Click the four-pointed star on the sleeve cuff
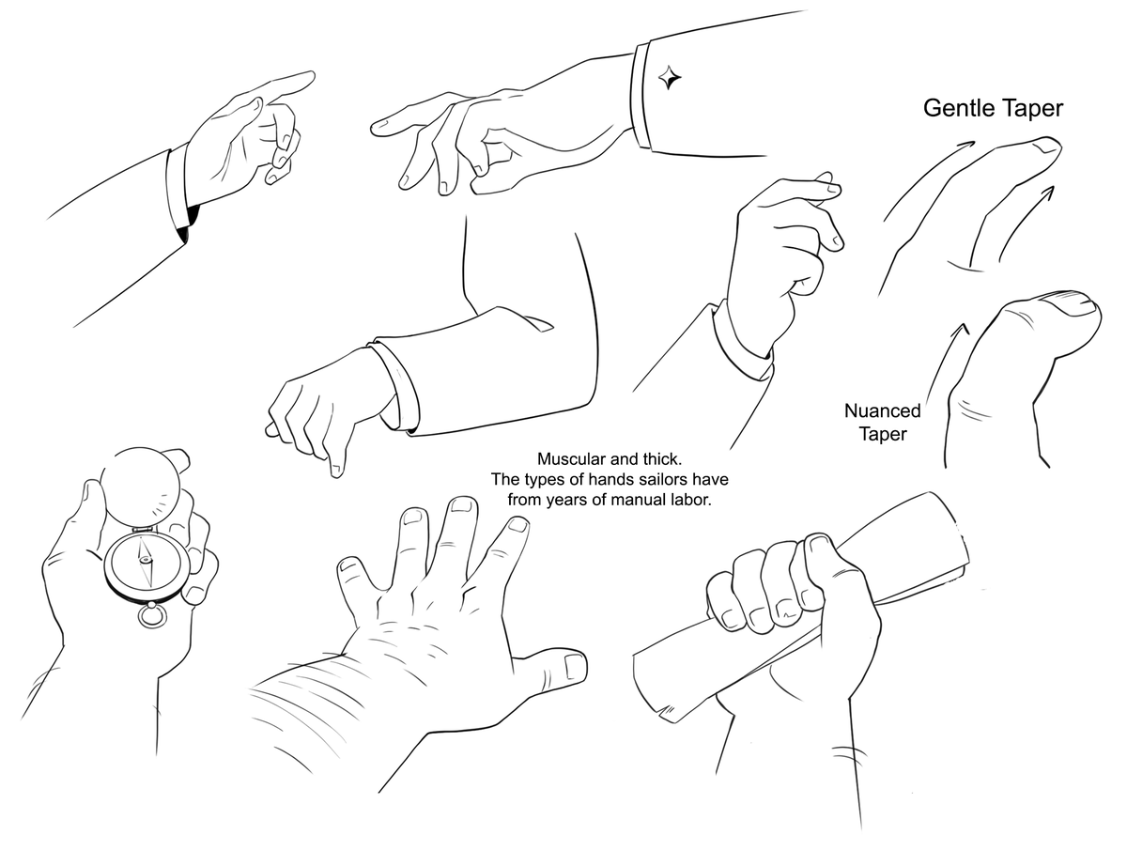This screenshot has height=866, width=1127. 669,78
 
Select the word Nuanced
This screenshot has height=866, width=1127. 882,410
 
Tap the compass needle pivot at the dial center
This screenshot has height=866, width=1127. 146,560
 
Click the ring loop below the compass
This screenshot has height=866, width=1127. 152,616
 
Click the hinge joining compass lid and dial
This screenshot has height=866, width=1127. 145,530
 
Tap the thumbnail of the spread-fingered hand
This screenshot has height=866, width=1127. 574,667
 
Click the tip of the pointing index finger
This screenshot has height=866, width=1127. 311,76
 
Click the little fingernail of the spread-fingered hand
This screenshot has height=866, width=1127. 348,564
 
